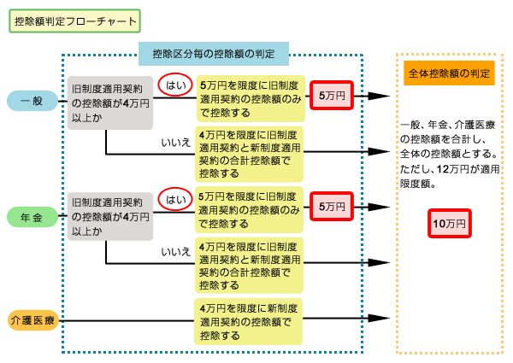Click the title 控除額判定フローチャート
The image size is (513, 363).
(74, 20)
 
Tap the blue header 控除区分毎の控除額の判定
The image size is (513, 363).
(213, 55)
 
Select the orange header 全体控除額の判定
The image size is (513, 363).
(449, 73)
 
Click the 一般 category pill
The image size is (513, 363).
(32, 101)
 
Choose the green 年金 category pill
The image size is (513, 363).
(32, 217)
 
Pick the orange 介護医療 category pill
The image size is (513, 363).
(32, 320)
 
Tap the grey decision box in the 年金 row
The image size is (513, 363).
(111, 218)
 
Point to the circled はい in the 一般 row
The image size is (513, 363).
(175, 85)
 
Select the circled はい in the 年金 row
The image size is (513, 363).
(175, 200)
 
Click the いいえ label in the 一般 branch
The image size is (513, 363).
(174, 142)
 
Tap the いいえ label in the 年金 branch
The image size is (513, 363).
(174, 252)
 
